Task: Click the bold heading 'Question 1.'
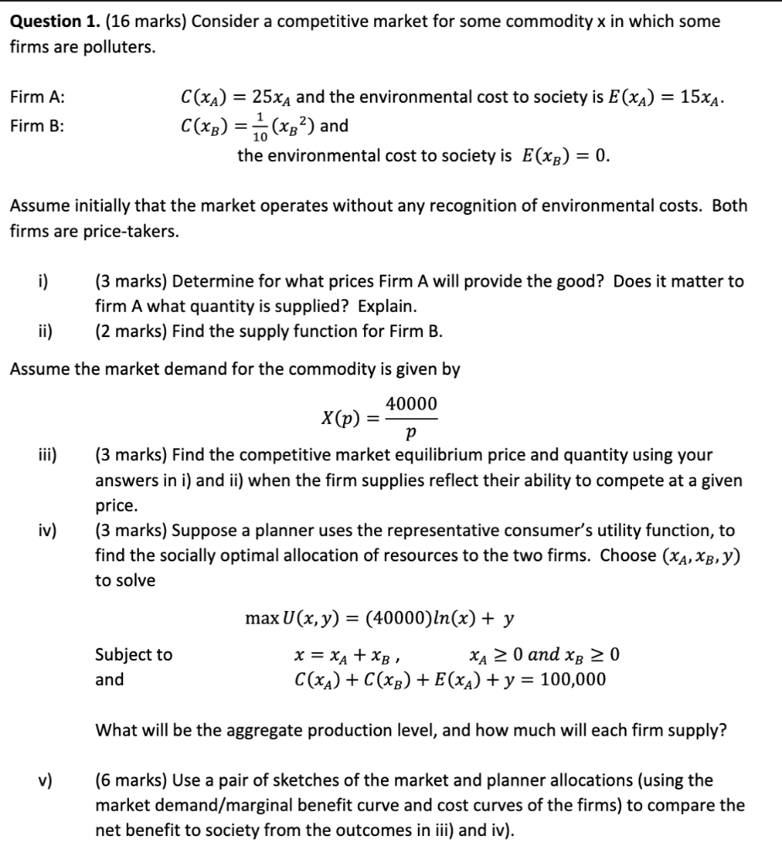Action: tap(53, 22)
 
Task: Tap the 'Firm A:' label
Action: tap(37, 98)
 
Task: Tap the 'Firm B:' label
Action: tap(37, 126)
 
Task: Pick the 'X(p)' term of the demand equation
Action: tap(341, 418)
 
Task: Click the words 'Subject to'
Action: tap(133, 654)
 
